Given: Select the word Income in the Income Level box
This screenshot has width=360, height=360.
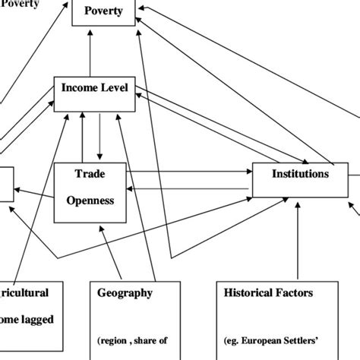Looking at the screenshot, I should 80,89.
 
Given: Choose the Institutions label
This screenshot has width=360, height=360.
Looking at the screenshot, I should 300,174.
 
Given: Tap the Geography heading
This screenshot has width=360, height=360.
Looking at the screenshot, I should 125,292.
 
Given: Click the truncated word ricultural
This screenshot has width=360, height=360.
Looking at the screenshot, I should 24,292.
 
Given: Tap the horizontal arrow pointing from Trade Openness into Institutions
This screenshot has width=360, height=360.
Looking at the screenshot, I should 190,173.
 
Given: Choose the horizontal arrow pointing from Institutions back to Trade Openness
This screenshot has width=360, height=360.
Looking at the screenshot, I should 190,188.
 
